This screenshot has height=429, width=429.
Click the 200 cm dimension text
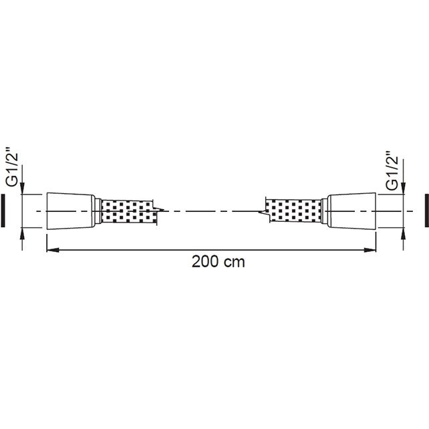(x=218, y=262)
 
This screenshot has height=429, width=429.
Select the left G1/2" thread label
(x=13, y=170)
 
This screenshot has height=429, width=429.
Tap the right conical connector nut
(x=352, y=210)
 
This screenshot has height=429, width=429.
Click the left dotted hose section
(x=128, y=211)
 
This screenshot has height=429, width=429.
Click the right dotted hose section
(x=293, y=210)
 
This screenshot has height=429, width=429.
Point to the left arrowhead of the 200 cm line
(x=53, y=249)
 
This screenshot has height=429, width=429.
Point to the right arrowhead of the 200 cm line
(x=370, y=249)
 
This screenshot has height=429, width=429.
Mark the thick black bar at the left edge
(x=3, y=210)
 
